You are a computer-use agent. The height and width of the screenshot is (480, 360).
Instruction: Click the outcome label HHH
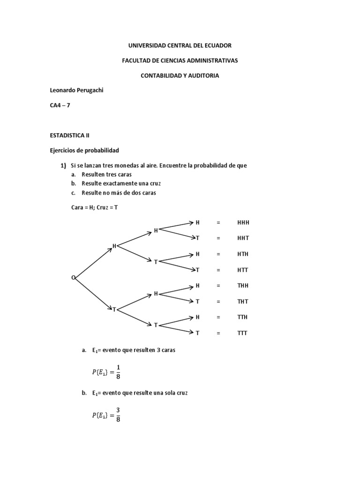pos(243,222)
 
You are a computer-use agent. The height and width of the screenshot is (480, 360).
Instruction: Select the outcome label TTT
pos(242,333)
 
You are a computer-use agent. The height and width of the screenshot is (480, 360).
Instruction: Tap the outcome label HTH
pos(243,254)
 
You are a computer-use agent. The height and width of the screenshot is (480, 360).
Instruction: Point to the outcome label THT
pos(243,301)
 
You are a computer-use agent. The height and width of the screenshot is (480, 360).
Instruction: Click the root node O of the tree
pos(73,277)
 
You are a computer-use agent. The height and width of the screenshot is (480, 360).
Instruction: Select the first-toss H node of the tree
pos(114,246)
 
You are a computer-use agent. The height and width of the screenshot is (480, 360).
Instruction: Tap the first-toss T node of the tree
pos(114,309)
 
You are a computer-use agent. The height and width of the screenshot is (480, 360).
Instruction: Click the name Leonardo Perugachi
pos(76,90)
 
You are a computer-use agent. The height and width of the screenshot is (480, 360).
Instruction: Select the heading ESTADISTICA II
pos(69,135)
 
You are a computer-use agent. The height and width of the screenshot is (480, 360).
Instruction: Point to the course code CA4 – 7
pos(60,105)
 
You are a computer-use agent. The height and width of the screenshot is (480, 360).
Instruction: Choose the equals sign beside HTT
pos(218,270)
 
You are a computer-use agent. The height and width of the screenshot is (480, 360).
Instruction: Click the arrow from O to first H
pos(93,262)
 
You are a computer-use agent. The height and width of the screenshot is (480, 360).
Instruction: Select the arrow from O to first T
pos(93,293)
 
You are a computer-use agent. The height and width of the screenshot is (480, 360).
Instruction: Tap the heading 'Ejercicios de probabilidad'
pos(84,150)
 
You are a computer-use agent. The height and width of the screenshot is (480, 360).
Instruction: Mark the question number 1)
pos(63,165)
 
